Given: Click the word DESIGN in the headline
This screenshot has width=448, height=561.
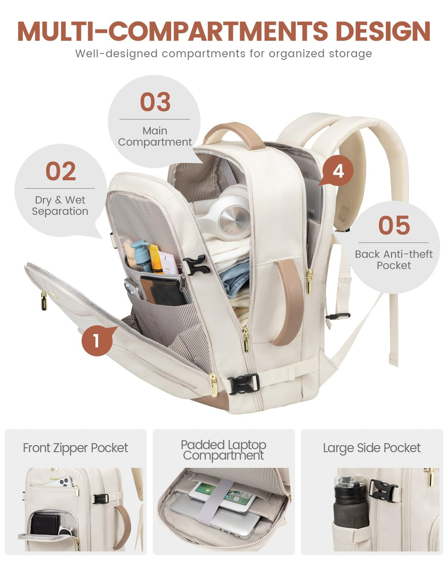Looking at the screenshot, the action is [383, 31].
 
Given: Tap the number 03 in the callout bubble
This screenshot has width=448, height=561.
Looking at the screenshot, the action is [155, 102].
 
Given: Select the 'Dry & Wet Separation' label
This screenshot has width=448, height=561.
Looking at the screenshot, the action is [60, 206].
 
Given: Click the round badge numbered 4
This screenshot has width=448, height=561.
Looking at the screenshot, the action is [338, 171].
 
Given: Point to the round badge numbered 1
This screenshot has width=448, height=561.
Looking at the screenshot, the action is [97, 340].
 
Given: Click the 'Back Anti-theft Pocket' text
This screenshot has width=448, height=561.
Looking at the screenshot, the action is [394, 259].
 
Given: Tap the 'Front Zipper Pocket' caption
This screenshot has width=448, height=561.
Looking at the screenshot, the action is [76, 448].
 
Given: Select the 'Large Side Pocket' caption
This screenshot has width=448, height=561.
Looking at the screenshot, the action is [372, 448].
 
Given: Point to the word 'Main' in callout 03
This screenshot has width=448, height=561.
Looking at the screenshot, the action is [155, 131].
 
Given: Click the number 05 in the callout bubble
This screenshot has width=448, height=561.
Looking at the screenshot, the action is [394, 225].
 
